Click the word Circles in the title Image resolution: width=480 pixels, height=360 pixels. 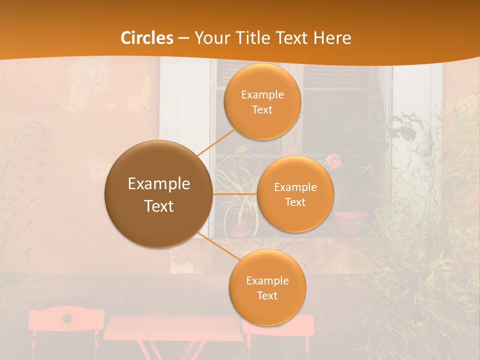(x=147, y=38)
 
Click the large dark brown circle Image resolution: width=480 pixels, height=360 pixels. (x=158, y=194)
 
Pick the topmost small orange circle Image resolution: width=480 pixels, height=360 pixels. (x=262, y=101)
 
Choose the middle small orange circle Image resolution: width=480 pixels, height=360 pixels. (x=295, y=194)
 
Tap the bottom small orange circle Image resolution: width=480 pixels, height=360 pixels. (x=267, y=287)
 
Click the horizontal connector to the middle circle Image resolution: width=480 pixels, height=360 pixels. (x=235, y=194)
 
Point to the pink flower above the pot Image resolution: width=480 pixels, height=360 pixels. (x=333, y=160)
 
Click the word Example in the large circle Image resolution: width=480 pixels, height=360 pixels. (x=158, y=184)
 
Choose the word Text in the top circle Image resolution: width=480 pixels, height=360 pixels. (x=262, y=109)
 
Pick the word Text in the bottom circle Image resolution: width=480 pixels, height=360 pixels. (x=267, y=295)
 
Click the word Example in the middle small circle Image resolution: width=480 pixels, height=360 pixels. (x=295, y=187)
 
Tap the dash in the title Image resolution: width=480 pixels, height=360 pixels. (x=184, y=38)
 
